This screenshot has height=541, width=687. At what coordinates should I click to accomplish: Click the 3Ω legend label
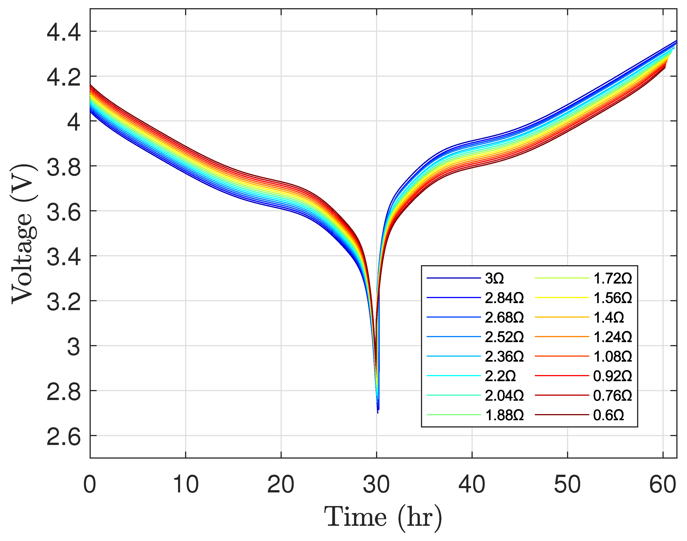pos(494,278)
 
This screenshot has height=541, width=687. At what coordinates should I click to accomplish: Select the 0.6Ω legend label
pos(609,415)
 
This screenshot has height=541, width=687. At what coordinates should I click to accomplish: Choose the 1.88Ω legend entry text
pos(504,415)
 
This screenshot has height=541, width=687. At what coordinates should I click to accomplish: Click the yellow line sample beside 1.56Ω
pos(562,298)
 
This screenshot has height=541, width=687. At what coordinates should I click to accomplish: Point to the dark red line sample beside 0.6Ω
pos(562,415)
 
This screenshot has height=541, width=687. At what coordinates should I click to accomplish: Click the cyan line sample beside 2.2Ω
pos(453,376)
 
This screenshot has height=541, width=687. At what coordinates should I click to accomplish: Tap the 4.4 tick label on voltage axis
pos(64,33)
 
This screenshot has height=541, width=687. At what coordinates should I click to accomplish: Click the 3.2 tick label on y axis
pos(64,302)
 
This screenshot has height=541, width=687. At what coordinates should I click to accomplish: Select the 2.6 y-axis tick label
pos(64,437)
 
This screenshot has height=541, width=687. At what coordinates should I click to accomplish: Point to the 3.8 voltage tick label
pos(64,167)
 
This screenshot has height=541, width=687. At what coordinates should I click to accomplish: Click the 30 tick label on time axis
pos(376,485)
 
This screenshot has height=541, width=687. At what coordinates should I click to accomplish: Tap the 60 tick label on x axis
pos(663,485)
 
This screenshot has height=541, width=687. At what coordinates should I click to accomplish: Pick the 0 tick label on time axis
pos(90,485)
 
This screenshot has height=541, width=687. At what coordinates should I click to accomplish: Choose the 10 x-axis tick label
pos(186,485)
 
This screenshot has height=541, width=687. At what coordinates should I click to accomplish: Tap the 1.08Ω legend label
pos(613,357)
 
